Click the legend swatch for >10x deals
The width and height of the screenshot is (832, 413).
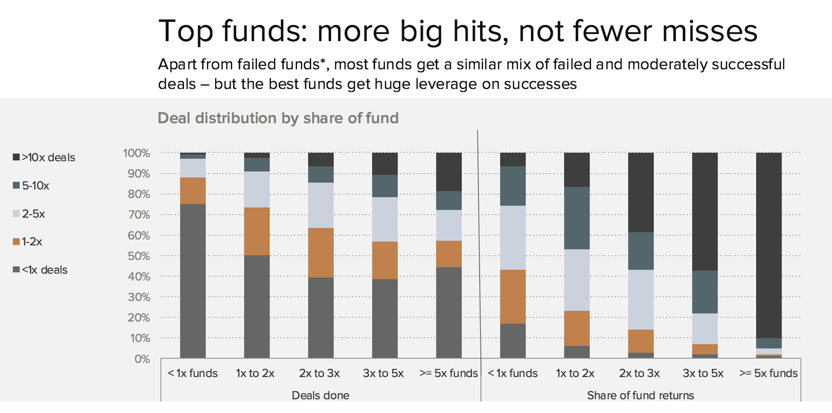(x=16, y=157)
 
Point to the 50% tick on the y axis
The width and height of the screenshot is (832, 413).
(x=139, y=256)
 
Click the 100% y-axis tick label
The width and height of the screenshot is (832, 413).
(x=136, y=153)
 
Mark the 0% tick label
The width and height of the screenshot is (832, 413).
(x=142, y=359)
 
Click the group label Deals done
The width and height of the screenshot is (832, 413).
(x=320, y=395)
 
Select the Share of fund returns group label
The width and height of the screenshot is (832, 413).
(x=640, y=395)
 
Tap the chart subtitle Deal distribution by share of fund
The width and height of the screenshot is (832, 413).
(x=278, y=118)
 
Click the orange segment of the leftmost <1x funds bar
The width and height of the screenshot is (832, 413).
(x=193, y=190)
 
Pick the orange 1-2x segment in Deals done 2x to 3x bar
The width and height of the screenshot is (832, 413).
(x=321, y=253)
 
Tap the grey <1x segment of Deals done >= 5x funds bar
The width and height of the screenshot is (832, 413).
(x=449, y=312)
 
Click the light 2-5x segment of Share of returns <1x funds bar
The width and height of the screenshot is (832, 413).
(x=512, y=238)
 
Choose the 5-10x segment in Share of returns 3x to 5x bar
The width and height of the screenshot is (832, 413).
(x=705, y=292)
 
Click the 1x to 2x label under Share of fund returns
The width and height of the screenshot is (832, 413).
(x=575, y=373)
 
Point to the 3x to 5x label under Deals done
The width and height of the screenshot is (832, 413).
(x=383, y=373)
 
